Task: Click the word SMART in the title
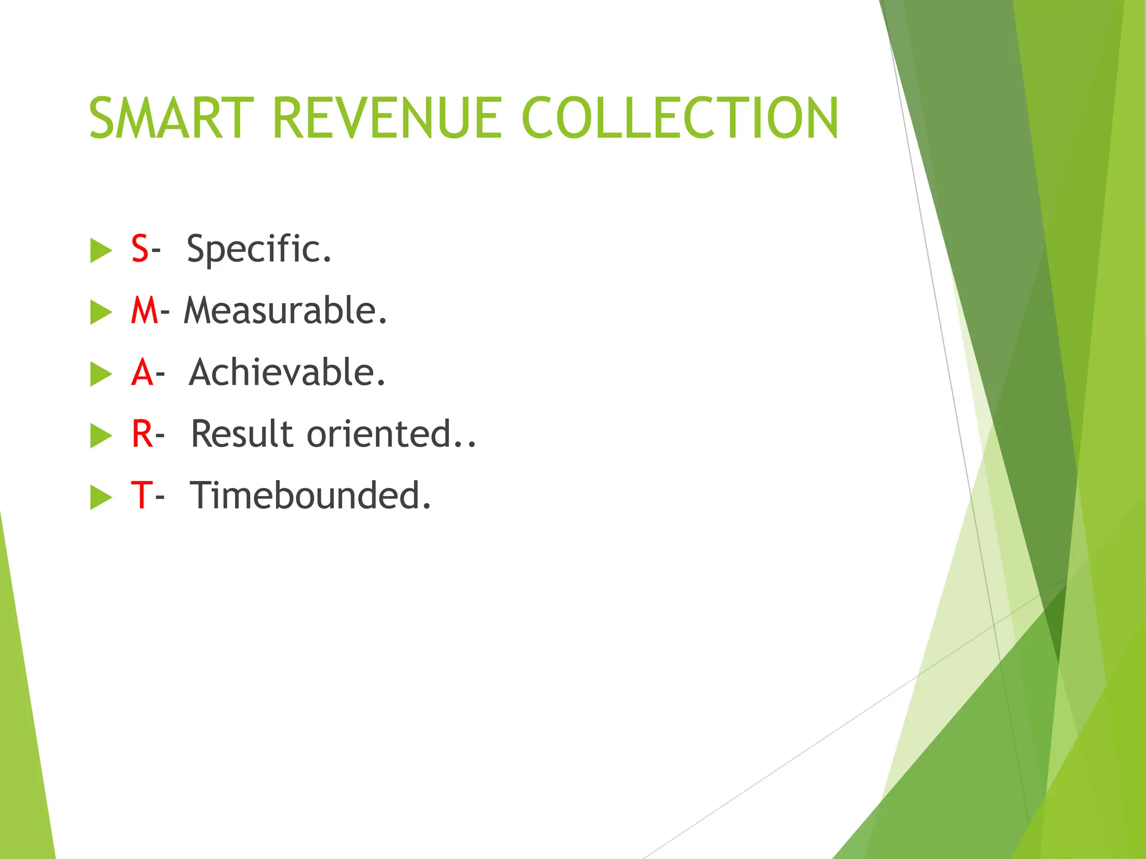pyautogui.click(x=171, y=118)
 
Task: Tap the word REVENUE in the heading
pyautogui.click(x=387, y=118)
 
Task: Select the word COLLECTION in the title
pyautogui.click(x=680, y=118)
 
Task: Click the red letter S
pyautogui.click(x=140, y=249)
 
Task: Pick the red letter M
pyautogui.click(x=144, y=311)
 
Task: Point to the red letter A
pyautogui.click(x=142, y=372)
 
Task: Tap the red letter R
pyautogui.click(x=142, y=434)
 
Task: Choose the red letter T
pyautogui.click(x=141, y=495)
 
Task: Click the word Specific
pyautogui.click(x=259, y=249)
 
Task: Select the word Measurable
pyautogui.click(x=285, y=311)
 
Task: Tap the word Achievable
pyautogui.click(x=287, y=372)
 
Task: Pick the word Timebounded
pyautogui.click(x=311, y=495)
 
